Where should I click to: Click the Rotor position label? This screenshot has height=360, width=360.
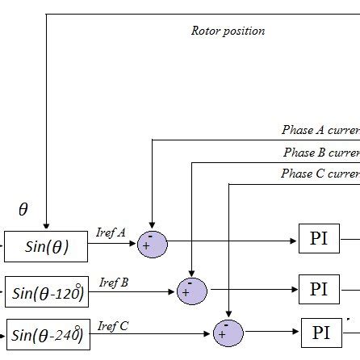coord(227,31)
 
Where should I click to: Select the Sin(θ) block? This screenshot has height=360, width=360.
coord(46,246)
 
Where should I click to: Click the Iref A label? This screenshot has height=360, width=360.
coord(111,232)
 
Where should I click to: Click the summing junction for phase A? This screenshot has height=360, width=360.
coord(152,244)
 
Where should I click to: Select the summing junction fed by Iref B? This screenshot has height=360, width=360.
coord(191,291)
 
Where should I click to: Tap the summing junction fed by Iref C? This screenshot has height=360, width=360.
coord(228,333)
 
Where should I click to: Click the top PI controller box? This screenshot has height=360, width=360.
coord(319,241)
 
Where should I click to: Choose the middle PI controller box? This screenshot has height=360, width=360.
coord(320,289)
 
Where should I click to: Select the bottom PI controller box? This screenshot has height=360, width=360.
coord(320,333)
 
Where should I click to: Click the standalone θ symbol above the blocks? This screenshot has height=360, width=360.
coord(23,210)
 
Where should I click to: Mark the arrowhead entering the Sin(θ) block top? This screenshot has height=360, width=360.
coord(46,226)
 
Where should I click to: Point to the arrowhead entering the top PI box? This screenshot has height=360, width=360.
coord(295,241)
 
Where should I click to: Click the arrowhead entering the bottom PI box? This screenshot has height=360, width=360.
coord(297,333)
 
